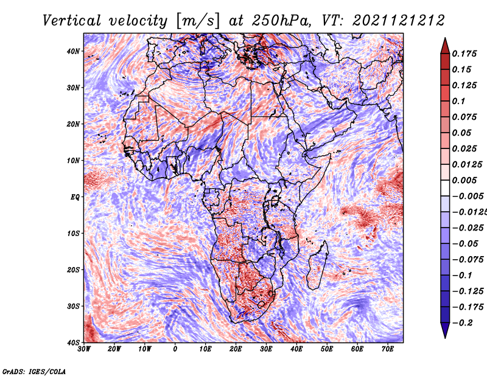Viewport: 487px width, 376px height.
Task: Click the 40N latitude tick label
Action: (73, 51)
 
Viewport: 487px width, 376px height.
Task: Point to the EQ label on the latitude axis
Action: (75, 197)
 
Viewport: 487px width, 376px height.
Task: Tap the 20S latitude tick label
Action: (73, 270)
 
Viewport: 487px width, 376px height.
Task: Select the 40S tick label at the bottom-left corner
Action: (73, 343)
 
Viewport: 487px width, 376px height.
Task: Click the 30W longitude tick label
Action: (84, 349)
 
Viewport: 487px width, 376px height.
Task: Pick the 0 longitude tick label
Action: (175, 349)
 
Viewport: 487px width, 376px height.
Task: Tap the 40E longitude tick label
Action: (296, 349)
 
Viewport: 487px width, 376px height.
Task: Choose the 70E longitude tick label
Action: (388, 349)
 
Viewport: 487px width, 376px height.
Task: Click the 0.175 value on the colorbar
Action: (464, 54)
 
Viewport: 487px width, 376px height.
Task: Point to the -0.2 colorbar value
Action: (463, 323)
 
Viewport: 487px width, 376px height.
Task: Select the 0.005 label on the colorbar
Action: (464, 180)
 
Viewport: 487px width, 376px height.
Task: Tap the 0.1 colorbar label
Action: (459, 101)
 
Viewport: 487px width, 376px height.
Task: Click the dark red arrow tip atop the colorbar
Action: (445, 38)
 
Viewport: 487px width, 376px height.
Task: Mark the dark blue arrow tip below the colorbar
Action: (445, 338)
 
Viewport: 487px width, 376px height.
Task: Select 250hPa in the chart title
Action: (281, 21)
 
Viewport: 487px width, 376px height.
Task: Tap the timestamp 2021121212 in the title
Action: (399, 21)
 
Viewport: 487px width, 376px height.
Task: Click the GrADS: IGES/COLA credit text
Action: (34, 372)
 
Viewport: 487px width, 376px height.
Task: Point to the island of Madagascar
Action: (317, 265)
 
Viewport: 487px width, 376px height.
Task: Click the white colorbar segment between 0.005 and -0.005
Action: (445, 188)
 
